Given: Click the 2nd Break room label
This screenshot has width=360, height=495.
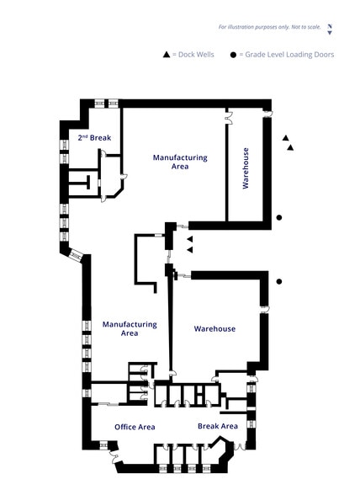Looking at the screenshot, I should pyautogui.click(x=95, y=137).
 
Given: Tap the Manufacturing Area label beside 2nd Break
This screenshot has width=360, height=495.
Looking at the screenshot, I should pyautogui.click(x=179, y=162).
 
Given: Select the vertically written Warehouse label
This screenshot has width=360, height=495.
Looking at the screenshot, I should pyautogui.click(x=246, y=168).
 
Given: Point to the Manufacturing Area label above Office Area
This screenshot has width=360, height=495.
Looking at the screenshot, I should pyautogui.click(x=130, y=328).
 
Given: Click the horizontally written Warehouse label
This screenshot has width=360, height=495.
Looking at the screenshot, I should pyautogui.click(x=214, y=328).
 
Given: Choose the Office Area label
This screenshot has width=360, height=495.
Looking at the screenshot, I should pyautogui.click(x=135, y=427).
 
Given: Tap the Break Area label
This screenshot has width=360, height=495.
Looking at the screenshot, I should pyautogui.click(x=217, y=426).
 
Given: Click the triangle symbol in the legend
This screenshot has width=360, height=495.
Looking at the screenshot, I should pyautogui.click(x=167, y=55).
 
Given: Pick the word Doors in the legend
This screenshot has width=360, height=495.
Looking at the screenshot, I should pyautogui.click(x=324, y=55).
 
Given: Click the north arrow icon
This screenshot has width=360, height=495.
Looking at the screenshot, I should pyautogui.click(x=330, y=29).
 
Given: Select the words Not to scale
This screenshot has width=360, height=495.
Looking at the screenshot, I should pyautogui.click(x=302, y=27).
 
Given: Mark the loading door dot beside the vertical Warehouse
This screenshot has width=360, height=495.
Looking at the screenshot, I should pyautogui.click(x=279, y=217).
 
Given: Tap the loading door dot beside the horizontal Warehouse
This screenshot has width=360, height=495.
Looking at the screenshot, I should pyautogui.click(x=279, y=281).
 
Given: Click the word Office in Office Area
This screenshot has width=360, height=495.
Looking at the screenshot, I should pyautogui.click(x=124, y=427).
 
